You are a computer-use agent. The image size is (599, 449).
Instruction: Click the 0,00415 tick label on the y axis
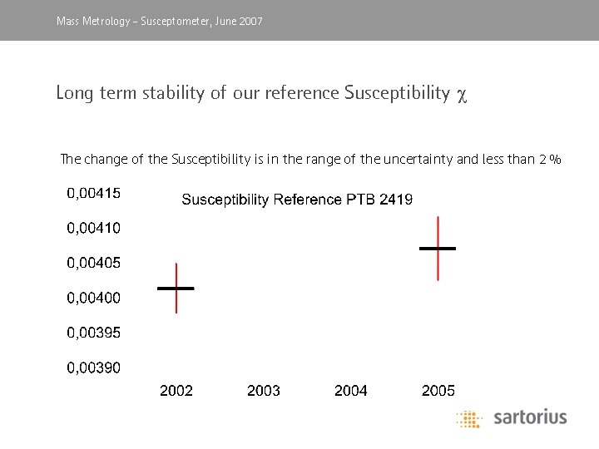point(93,193)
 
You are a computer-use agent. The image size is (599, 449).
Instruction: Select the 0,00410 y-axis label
point(93,228)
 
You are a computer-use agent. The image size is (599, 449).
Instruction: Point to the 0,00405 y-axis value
point(93,263)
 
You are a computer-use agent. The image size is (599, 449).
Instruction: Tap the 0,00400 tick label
point(93,298)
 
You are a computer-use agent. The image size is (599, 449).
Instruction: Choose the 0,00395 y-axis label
point(93,333)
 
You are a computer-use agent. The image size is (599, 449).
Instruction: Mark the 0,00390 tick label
point(93,368)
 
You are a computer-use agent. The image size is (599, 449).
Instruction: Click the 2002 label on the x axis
point(176,390)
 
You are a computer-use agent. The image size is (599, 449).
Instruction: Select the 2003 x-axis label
point(264,390)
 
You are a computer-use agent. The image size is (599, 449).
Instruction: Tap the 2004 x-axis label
point(351,390)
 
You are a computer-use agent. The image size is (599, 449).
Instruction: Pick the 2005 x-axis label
point(438,390)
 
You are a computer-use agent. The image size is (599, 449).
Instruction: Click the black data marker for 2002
point(176,288)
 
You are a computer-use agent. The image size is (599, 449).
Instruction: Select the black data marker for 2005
point(438,248)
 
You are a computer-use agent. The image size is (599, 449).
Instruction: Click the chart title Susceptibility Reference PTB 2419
point(297,200)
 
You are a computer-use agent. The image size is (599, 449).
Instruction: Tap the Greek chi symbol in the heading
point(463,94)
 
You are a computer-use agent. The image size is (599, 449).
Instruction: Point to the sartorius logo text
point(530,417)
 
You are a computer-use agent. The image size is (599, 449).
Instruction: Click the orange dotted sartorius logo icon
point(469,418)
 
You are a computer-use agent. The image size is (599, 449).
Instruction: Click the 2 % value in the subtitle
point(550,159)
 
